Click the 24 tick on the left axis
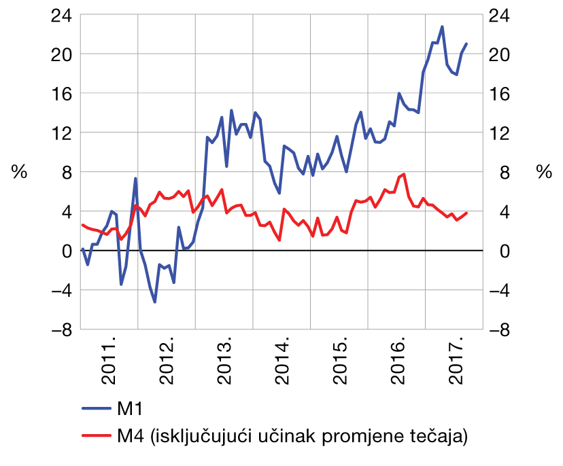(x=61, y=14)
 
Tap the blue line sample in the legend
(x=97, y=409)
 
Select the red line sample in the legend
(x=97, y=435)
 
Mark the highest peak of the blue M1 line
(x=442, y=26)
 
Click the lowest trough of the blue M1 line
(x=155, y=302)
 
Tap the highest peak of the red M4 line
(x=405, y=174)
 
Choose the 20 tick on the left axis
(x=61, y=54)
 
